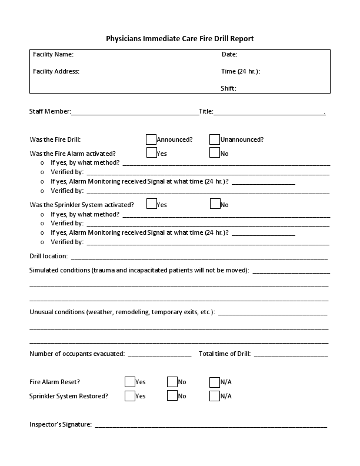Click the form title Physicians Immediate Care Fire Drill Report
(179, 39)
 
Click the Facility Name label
(53, 55)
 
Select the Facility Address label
(56, 72)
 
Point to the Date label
(229, 55)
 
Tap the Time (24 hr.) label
(240, 72)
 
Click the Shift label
(228, 89)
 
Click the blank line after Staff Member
(135, 112)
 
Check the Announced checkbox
(151, 139)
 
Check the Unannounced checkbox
(215, 139)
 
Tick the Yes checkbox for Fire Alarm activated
(151, 153)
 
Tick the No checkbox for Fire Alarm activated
(215, 153)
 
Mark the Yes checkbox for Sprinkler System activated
(151, 204)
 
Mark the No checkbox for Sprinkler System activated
(215, 204)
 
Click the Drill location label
(48, 257)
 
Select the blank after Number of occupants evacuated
(159, 354)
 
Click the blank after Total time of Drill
(291, 354)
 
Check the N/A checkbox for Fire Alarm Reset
(215, 382)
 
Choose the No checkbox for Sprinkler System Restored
(172, 396)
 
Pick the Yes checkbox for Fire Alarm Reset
(130, 382)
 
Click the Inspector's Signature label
(60, 424)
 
